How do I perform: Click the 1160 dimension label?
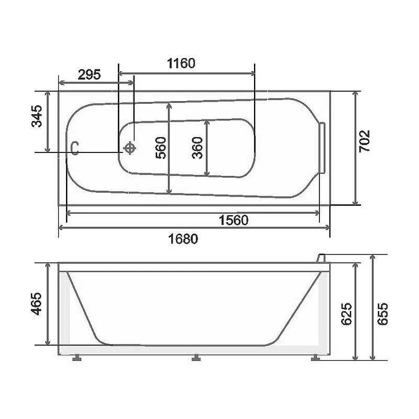(x=181, y=63)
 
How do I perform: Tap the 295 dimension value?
(x=89, y=74)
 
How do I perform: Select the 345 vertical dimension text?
(x=37, y=116)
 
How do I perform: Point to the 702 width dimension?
(x=364, y=141)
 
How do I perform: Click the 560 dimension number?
(x=161, y=148)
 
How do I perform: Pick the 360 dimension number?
(x=197, y=148)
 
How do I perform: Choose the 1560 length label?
(x=234, y=220)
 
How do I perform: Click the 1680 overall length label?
(x=183, y=239)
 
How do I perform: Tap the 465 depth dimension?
(x=36, y=304)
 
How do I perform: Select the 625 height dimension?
(x=347, y=314)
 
